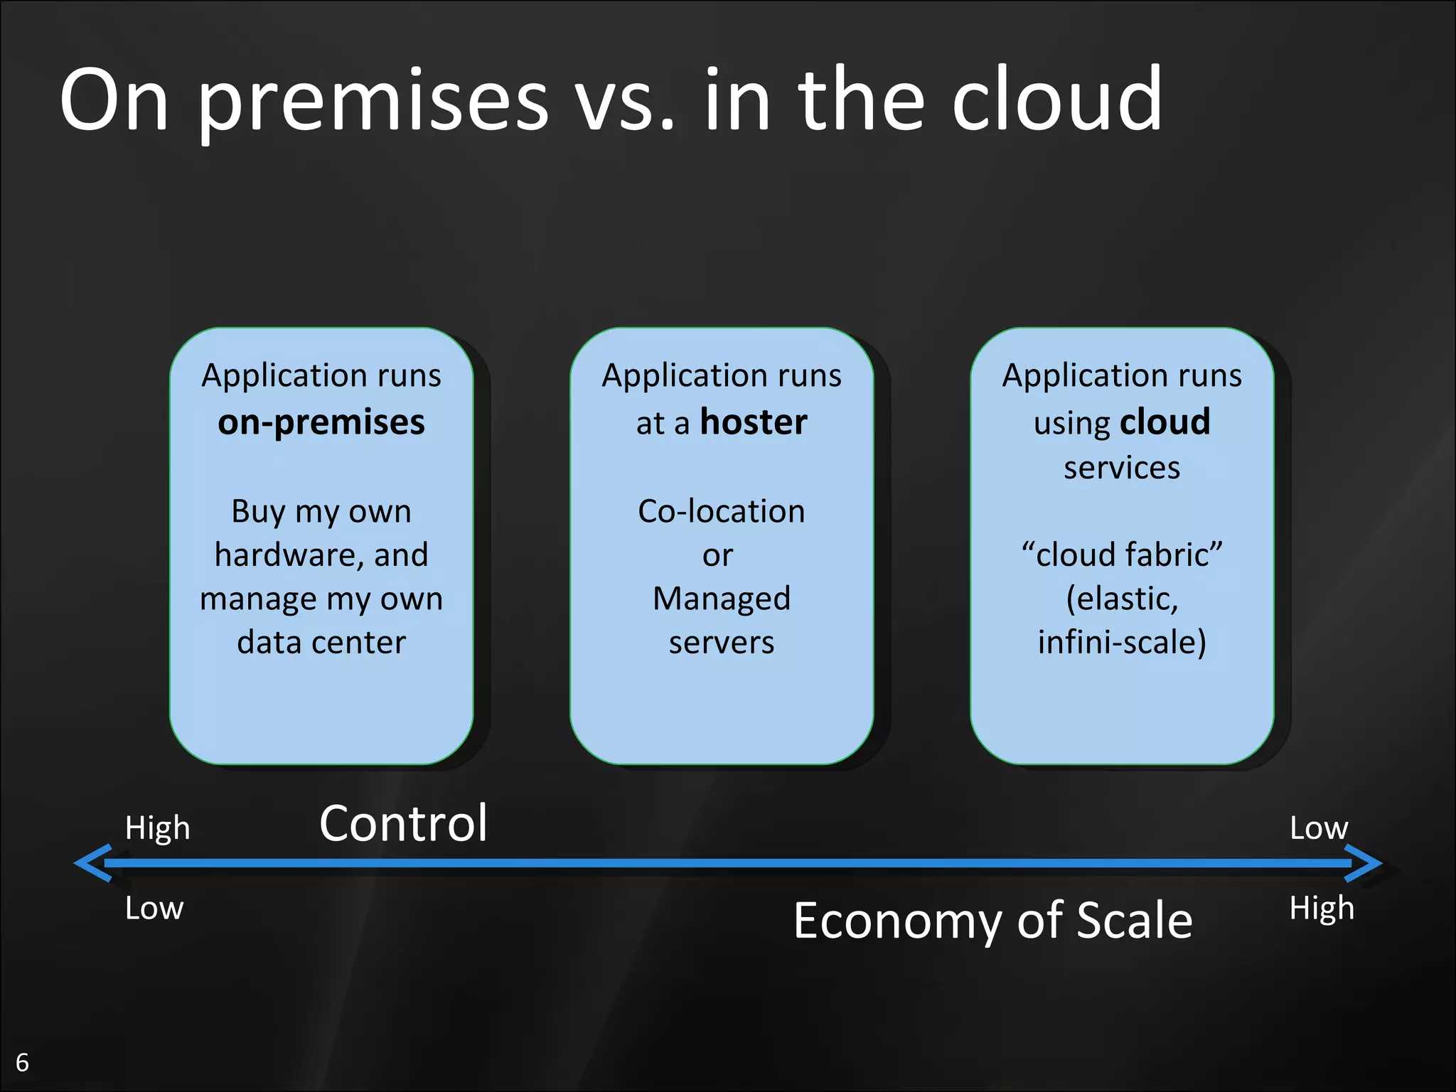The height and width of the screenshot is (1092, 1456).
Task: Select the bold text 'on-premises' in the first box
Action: [x=321, y=422]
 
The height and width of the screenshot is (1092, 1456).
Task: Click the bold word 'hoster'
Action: [x=754, y=422]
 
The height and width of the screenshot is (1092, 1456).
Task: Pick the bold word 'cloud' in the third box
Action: [x=1165, y=422]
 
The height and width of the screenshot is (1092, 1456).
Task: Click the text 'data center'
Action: [x=321, y=642]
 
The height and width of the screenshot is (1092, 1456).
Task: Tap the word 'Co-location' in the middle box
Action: [x=721, y=511]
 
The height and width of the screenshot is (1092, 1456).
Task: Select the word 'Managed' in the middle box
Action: [x=721, y=599]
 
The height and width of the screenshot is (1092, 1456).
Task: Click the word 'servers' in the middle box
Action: [x=721, y=642]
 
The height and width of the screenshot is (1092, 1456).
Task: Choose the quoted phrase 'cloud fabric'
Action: [x=1122, y=555]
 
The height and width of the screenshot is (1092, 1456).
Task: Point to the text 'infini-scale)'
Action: [x=1122, y=642]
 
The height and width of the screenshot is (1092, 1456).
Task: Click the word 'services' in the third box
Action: [x=1122, y=468]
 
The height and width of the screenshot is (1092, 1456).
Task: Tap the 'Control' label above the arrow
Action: [x=403, y=823]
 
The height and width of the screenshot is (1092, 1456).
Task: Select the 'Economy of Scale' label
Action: [x=992, y=920]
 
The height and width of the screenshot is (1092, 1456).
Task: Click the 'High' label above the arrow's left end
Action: [x=157, y=828]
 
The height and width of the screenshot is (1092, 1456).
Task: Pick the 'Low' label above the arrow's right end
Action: [x=1319, y=828]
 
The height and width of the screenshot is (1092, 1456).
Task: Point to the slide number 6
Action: [x=23, y=1062]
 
